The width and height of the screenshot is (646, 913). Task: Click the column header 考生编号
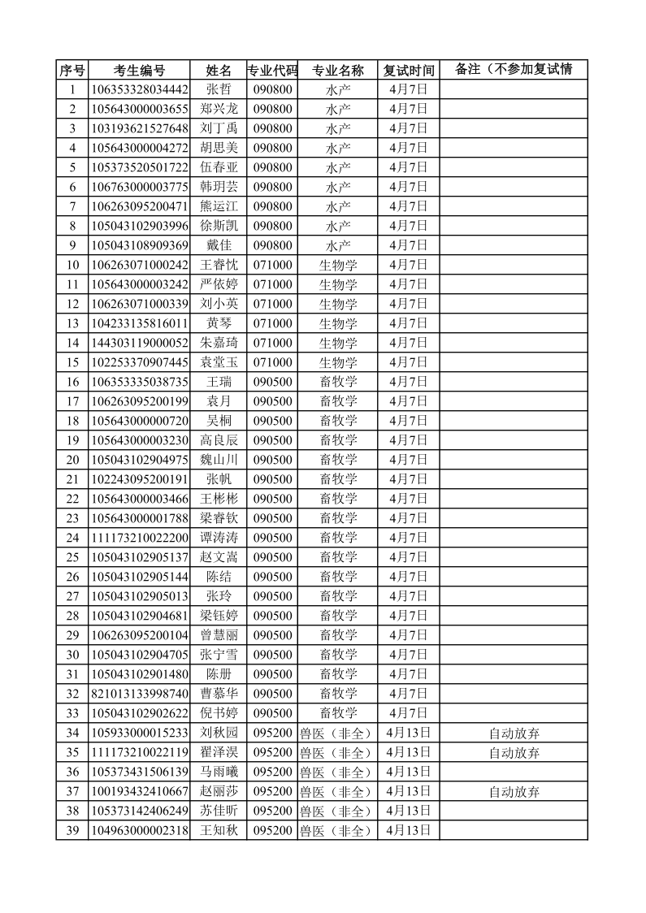pos(139,70)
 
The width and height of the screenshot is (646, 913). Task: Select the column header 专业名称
pos(338,70)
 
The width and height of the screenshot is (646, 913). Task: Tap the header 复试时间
pos(409,70)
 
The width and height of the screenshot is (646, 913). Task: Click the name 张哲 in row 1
pos(219,89)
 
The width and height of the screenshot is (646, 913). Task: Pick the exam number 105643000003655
pos(139,109)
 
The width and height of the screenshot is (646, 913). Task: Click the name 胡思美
pos(219,148)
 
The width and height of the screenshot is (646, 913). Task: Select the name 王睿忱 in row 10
pos(219,265)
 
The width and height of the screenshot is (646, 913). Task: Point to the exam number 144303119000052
pos(139,343)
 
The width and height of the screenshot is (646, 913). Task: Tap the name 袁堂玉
pos(219,362)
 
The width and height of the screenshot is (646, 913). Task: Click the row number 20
pos(72,460)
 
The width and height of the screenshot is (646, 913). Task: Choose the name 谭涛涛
pos(219,538)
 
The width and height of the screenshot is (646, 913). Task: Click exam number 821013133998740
pos(139,694)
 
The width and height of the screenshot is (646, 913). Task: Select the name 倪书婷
pos(219,713)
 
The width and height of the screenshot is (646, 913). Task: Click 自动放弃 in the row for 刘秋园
pos(514,733)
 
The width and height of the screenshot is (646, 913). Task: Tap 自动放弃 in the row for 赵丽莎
pos(514,791)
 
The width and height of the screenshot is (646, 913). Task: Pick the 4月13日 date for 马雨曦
pos(409,772)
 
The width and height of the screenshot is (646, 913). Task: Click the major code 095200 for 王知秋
pos(272,830)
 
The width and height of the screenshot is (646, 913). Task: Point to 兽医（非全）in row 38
pos(336,811)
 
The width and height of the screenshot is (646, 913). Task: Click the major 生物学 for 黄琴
pos(338,323)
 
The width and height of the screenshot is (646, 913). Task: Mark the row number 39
pos(72,830)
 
